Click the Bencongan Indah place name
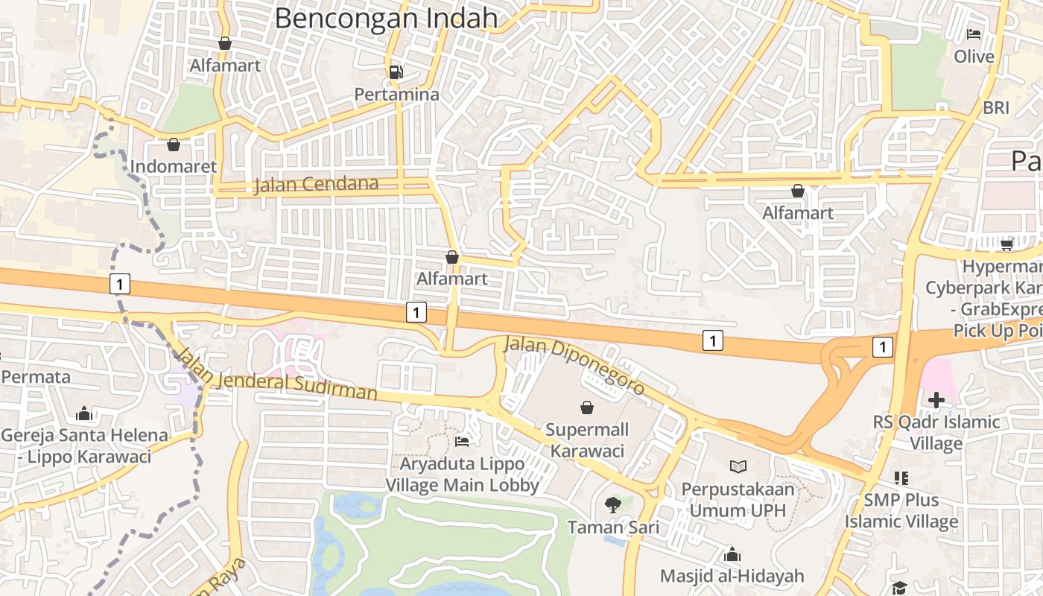(386, 17)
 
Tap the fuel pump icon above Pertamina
(396, 72)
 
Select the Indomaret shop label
(173, 166)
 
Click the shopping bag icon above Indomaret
(174, 144)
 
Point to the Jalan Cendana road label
(316, 184)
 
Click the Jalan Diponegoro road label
(574, 365)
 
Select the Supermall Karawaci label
(587, 440)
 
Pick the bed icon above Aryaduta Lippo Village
(462, 441)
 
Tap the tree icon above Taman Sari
(613, 505)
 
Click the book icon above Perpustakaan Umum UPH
(738, 466)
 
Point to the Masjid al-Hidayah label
(732, 576)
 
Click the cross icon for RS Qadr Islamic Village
(936, 400)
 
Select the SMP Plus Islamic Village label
(901, 510)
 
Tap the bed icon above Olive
(974, 34)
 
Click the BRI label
(996, 107)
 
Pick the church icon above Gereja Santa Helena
(84, 413)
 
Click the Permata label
(36, 377)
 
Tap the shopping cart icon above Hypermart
(1006, 244)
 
